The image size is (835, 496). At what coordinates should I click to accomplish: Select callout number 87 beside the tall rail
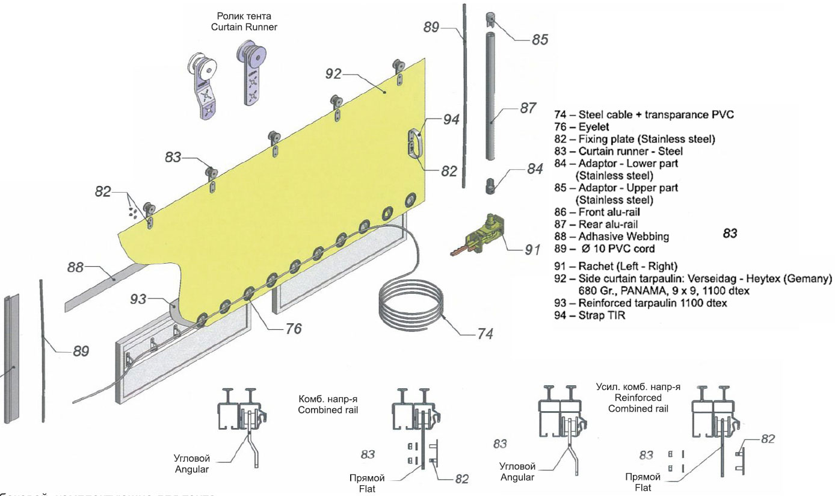pos(528,109)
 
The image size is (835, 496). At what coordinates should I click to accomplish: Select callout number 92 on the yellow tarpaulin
pos(333,74)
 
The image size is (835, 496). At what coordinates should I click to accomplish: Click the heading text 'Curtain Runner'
pos(244,27)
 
